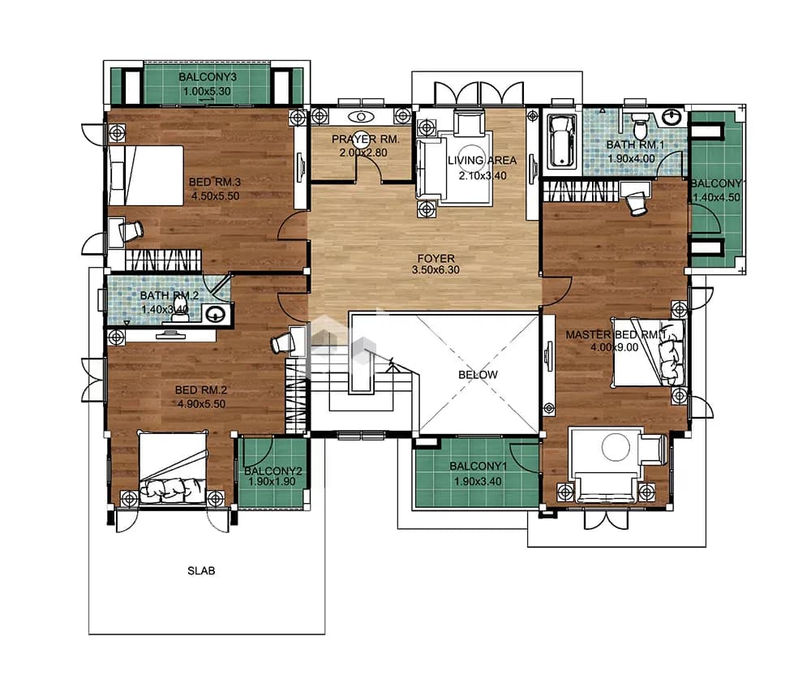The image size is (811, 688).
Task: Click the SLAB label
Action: [x=200, y=571]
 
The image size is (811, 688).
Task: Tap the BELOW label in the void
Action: [x=478, y=375]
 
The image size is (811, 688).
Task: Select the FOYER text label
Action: [x=436, y=258]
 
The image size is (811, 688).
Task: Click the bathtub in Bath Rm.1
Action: [x=562, y=140]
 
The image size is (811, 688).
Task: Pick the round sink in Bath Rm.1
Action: [x=673, y=117]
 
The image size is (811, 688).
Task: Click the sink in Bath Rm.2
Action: [x=214, y=313]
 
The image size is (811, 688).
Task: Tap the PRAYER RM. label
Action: [x=365, y=140]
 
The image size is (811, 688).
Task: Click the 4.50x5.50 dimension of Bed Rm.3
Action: [x=215, y=196]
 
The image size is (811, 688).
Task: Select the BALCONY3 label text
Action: [x=208, y=77]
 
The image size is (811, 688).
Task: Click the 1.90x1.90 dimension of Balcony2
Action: [x=272, y=482]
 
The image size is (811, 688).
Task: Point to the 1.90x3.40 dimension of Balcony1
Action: [x=478, y=482]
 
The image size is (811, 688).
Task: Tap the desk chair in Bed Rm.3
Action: [x=131, y=230]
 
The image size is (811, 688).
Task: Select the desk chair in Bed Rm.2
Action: [x=282, y=342]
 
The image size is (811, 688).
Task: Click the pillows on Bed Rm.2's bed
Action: [x=173, y=489]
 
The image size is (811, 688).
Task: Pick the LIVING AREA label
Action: [x=482, y=161]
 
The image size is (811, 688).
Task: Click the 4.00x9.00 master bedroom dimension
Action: [x=615, y=347]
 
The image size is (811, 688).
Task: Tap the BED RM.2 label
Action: [x=200, y=390]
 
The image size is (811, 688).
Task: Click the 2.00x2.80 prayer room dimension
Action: [x=363, y=153]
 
